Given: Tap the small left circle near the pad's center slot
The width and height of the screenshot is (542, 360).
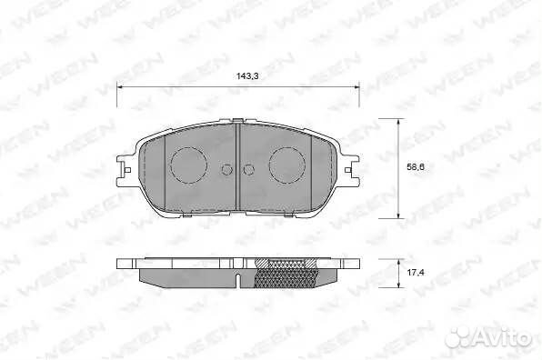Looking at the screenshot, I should pos(227,168).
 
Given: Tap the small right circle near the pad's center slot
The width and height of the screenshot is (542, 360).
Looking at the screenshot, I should pos(249,168).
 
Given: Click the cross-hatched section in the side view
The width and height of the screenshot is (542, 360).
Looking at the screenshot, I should pos(286,272).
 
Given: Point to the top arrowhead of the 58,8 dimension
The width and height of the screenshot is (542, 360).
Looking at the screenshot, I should pos(398,121).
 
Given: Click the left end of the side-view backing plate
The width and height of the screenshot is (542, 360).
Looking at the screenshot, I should pos(122,265).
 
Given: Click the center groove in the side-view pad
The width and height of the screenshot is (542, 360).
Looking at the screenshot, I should pos(237,274).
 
